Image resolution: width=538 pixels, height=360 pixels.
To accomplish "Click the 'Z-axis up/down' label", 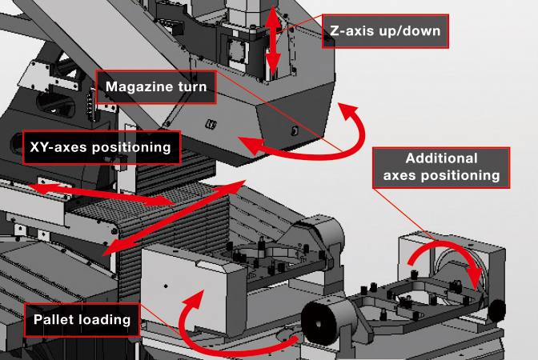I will pyautogui.click(x=384, y=33).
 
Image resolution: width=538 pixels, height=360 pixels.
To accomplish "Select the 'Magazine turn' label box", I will pyautogui.click(x=155, y=86).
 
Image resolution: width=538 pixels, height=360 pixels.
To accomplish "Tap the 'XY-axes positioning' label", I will pyautogui.click(x=101, y=147).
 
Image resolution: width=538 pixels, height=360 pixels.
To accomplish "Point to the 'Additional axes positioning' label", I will pyautogui.click(x=441, y=166).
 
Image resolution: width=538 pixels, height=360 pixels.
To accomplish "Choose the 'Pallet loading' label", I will pyautogui.click(x=82, y=320).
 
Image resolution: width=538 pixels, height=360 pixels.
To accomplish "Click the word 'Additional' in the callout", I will pyautogui.click(x=441, y=158).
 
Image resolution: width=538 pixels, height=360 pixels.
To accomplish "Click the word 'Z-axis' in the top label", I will pyautogui.click(x=357, y=33).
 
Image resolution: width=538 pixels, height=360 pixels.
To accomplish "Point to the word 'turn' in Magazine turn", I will pyautogui.click(x=191, y=86).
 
